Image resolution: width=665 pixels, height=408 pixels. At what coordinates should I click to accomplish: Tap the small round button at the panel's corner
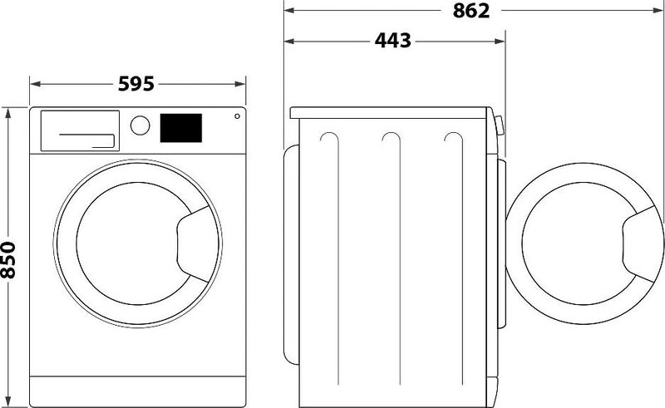(237, 116)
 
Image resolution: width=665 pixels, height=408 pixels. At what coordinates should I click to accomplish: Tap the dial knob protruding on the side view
(498, 125)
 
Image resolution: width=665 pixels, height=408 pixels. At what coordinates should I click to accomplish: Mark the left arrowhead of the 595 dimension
(34, 84)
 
